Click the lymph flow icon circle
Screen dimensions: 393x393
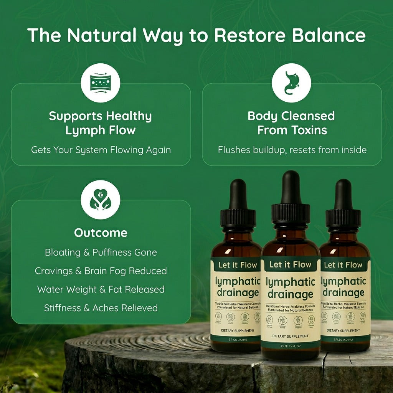click(101, 83)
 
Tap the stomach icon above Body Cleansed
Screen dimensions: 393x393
click(291, 83)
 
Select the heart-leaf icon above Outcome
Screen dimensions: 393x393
click(101, 200)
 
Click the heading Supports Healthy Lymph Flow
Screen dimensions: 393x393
click(101, 123)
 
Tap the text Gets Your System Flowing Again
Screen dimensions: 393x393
click(101, 150)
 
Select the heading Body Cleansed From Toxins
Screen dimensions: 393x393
click(291, 123)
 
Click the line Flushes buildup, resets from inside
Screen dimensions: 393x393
click(292, 150)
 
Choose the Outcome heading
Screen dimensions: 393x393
click(101, 233)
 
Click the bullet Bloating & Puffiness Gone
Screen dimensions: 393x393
click(101, 253)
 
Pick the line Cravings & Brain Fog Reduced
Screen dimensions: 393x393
click(101, 271)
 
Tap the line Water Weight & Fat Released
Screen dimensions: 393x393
click(101, 289)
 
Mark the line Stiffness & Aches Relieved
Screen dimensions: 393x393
click(101, 308)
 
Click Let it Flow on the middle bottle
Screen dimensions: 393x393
click(290, 264)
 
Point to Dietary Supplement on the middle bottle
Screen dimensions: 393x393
click(290, 336)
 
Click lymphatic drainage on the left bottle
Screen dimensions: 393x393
click(237, 287)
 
